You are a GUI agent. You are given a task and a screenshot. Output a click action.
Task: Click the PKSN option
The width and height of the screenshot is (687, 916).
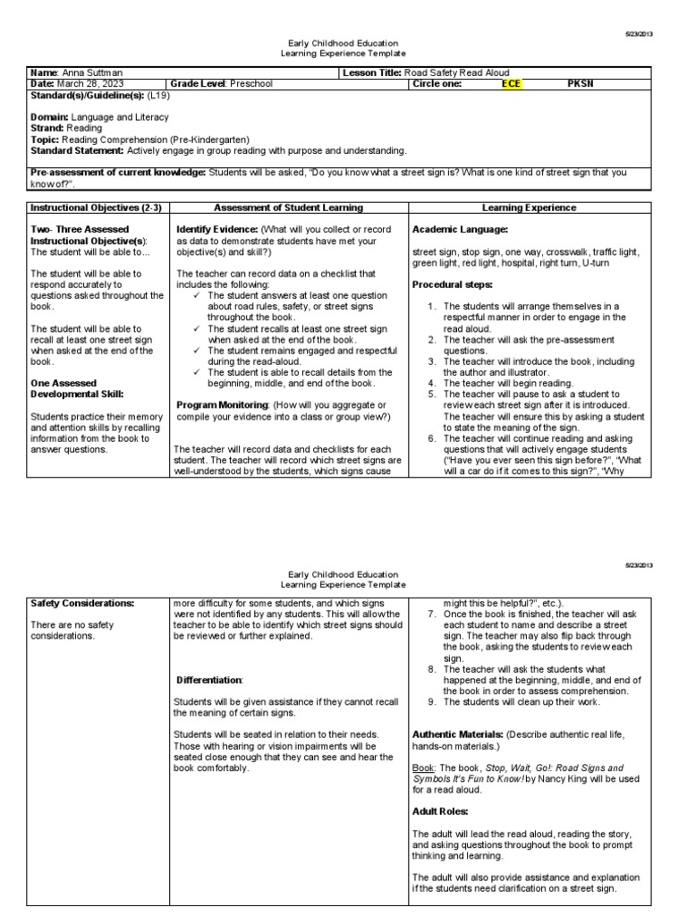pos(581,83)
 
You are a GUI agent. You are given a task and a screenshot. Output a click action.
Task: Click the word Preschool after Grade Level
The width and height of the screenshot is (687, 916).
pos(250,83)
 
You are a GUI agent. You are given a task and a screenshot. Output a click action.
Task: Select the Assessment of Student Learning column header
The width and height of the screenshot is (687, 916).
pos(288,208)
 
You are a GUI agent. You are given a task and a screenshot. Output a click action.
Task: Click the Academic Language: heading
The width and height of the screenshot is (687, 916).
pos(458,229)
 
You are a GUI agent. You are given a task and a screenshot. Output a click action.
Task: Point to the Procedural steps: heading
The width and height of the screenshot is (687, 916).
pos(452,284)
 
